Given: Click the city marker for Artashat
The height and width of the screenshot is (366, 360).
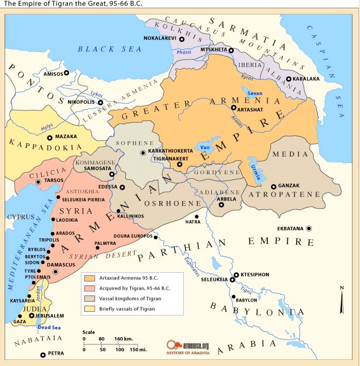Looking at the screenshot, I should tap(233, 108).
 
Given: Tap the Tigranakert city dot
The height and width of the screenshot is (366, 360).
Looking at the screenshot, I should tap(179, 165).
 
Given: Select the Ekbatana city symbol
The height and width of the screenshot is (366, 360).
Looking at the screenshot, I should tap(309, 228).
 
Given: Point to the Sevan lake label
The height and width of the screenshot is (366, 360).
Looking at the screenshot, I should tap(254, 93).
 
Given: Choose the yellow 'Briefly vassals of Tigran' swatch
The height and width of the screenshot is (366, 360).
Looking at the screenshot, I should tap(89, 309).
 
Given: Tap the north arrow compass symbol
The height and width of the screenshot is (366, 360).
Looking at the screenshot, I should tap(341, 300).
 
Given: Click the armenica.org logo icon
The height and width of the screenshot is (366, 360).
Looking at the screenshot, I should tap(172, 345).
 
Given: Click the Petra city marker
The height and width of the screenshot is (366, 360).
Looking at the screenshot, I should tap(43, 355).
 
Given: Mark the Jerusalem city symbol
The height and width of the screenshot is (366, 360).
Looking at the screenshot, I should tap(31, 315).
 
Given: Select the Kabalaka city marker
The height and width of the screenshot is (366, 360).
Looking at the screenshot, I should tap(289, 79).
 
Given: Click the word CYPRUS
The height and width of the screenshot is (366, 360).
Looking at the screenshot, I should tap(20, 217).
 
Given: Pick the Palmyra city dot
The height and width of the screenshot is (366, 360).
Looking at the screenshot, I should tap(97, 248).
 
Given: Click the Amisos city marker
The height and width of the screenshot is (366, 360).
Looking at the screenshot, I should tap(66, 73).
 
